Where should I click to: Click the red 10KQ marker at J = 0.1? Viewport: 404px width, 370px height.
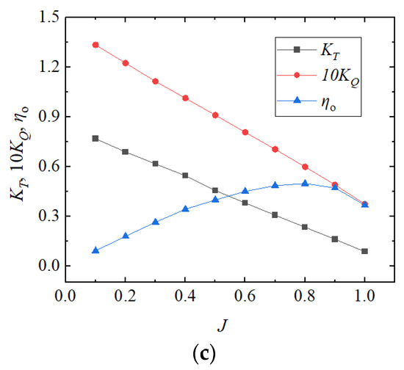tap(95, 45)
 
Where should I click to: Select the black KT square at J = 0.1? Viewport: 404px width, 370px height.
tap(95, 138)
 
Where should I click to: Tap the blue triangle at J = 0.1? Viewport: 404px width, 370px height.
tap(95, 250)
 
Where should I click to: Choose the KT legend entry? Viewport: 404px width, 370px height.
tap(323, 49)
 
